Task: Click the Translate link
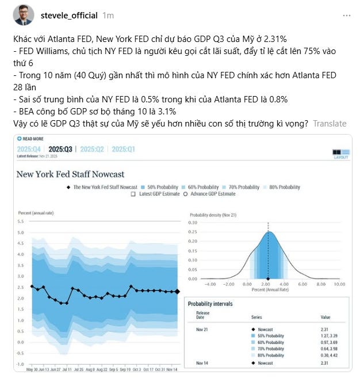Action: click(330, 123)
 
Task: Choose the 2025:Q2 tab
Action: click(92, 150)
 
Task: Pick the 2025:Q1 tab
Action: click(123, 150)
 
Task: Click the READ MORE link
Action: click(32, 139)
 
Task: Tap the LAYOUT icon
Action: click(340, 154)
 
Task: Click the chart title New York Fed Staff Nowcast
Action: click(70, 174)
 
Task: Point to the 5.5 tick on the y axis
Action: click(21, 221)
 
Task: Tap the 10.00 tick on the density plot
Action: click(339, 284)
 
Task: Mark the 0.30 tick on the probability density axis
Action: click(209, 222)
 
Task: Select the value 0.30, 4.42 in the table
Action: click(328, 355)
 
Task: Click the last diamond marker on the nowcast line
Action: click(177, 292)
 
